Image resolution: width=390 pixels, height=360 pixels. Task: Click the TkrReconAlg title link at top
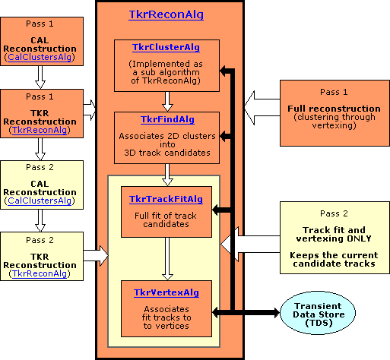point(166,14)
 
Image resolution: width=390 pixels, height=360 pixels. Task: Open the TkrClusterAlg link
point(166,48)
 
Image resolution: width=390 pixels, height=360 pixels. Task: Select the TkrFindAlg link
point(167,119)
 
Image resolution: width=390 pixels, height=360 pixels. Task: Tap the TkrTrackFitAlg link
point(166,199)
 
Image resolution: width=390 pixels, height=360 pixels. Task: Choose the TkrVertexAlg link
point(166,292)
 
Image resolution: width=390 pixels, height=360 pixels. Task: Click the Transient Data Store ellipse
point(318,313)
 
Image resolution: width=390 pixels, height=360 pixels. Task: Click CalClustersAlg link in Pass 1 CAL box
point(40,57)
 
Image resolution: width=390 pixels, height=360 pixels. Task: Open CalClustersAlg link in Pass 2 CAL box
point(40,201)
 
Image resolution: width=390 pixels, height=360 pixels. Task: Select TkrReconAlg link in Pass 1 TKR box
point(40,130)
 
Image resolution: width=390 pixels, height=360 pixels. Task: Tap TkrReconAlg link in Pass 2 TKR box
point(40,273)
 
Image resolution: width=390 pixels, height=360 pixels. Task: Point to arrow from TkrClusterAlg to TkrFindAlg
point(167,102)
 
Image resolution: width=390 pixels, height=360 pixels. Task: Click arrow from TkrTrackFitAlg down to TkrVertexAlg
point(167,259)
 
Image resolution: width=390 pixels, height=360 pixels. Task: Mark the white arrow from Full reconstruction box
point(262,108)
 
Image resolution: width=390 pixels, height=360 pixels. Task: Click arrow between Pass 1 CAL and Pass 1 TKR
point(40,77)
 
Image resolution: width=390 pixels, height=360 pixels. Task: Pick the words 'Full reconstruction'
point(334,109)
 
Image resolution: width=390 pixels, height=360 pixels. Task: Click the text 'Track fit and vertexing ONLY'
point(334,234)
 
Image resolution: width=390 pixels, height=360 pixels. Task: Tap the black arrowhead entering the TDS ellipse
point(276,313)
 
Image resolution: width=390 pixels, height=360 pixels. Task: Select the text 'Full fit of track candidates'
point(166,219)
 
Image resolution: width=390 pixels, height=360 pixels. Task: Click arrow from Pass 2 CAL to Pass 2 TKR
point(40,220)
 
